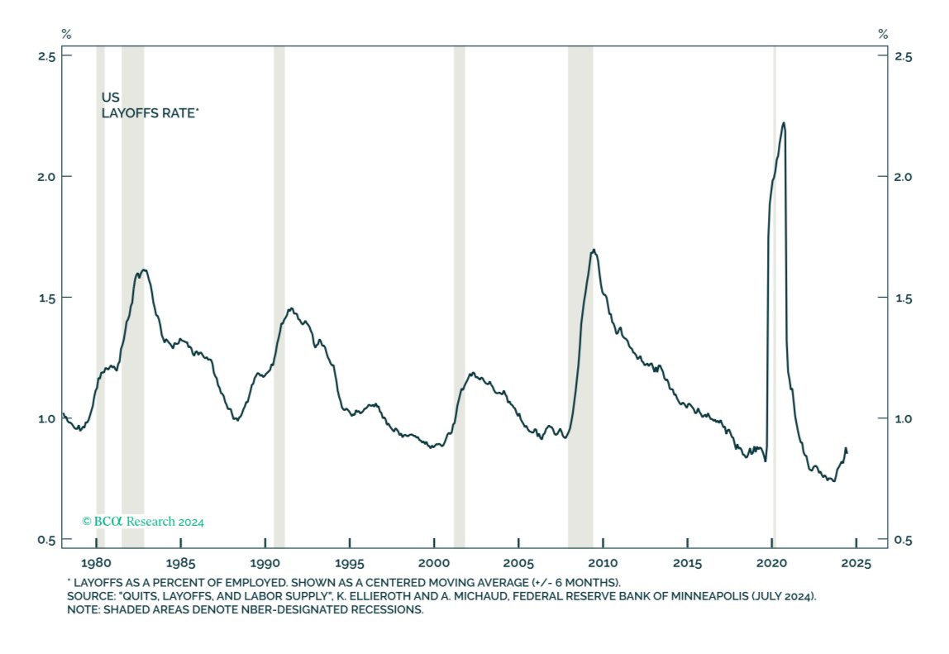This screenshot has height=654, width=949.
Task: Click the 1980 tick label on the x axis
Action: pyautogui.click(x=96, y=564)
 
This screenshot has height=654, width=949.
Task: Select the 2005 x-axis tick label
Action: pyautogui.click(x=518, y=564)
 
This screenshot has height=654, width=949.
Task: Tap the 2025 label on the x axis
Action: pyautogui.click(x=856, y=564)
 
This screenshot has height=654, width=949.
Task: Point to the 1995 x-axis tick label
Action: pyautogui.click(x=349, y=564)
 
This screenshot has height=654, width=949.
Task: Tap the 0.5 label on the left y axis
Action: pyautogui.click(x=47, y=540)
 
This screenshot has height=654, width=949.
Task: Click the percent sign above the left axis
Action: pyautogui.click(x=66, y=34)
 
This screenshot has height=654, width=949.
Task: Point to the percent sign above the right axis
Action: pyautogui.click(x=883, y=34)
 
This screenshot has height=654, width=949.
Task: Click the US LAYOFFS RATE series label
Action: pyautogui.click(x=150, y=105)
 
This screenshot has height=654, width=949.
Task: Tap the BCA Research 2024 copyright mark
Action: pyautogui.click(x=143, y=522)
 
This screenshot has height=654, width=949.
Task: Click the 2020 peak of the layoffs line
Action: pyautogui.click(x=783, y=123)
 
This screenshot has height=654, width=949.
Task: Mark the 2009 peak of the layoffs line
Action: pyautogui.click(x=594, y=250)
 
